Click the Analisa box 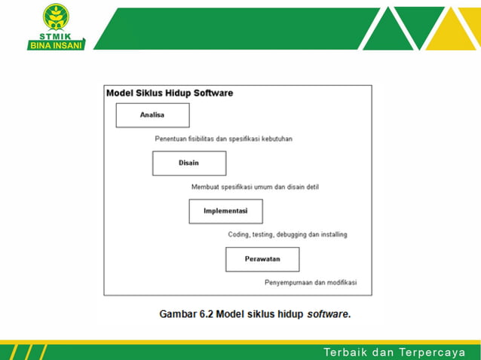(x=152, y=115)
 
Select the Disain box (x=188, y=163)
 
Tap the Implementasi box (x=225, y=211)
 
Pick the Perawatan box (x=262, y=259)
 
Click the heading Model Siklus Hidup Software (x=170, y=93)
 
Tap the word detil (x=311, y=187)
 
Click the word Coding (x=240, y=234)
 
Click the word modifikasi (x=342, y=282)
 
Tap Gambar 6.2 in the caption (x=186, y=314)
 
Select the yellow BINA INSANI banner (x=57, y=44)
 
